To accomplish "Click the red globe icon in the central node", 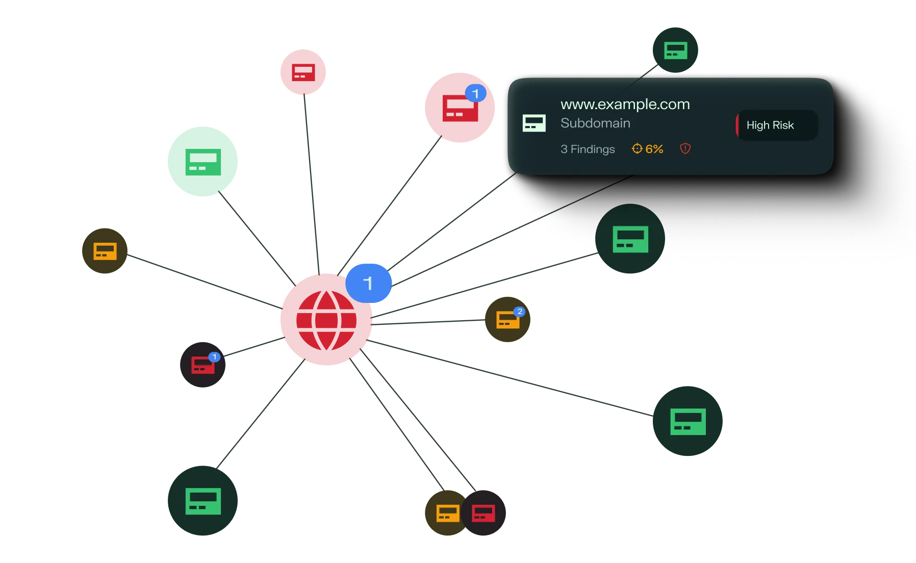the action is (x=326, y=320).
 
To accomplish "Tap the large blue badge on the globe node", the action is (x=368, y=283).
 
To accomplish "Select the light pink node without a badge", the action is (x=303, y=72).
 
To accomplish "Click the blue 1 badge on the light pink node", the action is (x=475, y=93).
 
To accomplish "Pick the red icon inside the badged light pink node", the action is (x=460, y=108).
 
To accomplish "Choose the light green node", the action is (x=202, y=161).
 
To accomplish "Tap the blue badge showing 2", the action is (x=519, y=312).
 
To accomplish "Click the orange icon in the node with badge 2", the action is (x=508, y=320).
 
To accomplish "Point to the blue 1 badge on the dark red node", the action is (x=214, y=357).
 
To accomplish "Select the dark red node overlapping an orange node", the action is (x=484, y=513).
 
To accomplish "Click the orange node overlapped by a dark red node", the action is (x=445, y=513).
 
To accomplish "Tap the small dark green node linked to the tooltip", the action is (x=675, y=50).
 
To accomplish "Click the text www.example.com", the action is (x=625, y=104).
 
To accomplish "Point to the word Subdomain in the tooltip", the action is (x=595, y=123).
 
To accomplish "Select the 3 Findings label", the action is (x=588, y=149).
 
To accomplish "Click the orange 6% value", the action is (x=654, y=149).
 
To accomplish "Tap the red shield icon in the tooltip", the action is (x=685, y=148).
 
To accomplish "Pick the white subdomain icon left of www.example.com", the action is (x=534, y=123).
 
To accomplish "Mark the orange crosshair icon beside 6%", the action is (x=637, y=148).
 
